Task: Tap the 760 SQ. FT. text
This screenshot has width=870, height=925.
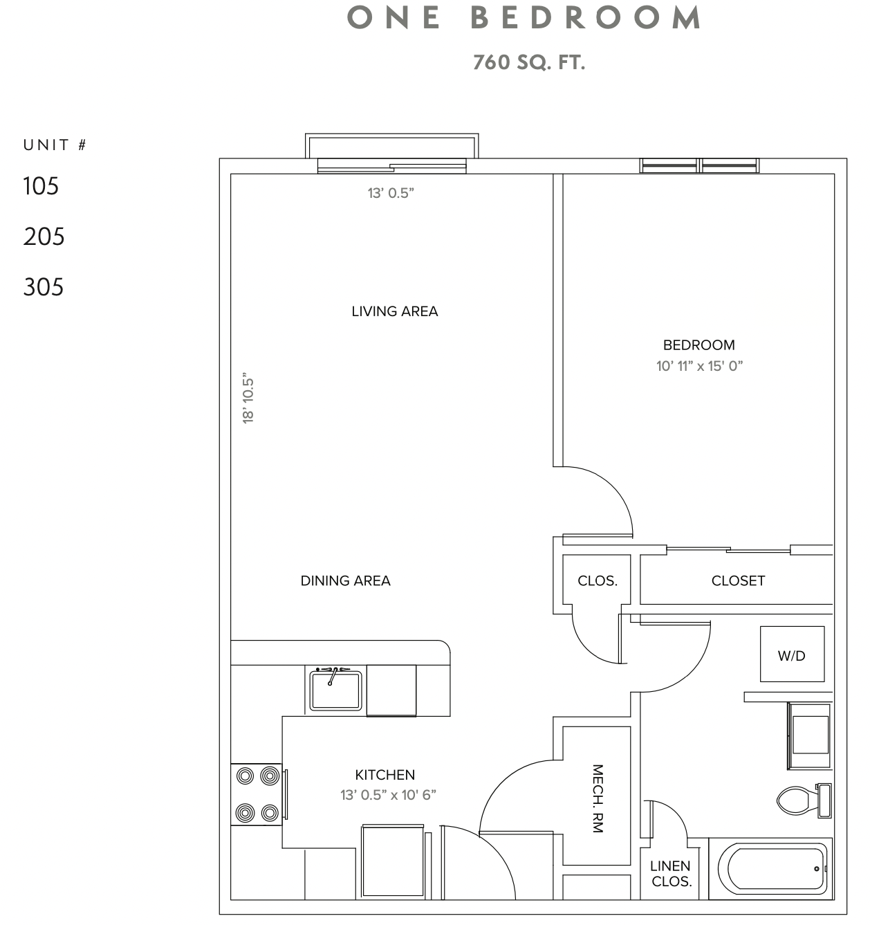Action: pos(529,63)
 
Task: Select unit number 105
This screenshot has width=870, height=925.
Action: pos(41,186)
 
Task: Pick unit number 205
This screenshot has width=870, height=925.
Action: pos(44,237)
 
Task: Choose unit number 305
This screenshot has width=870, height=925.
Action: pos(44,287)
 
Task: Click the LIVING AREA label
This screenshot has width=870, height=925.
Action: pos(394,311)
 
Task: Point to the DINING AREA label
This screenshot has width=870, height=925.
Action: pos(345,581)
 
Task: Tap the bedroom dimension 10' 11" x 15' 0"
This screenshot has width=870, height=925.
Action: pos(699,366)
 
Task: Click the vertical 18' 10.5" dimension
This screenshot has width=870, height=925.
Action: pos(249,399)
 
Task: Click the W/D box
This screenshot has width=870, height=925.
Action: pos(792,655)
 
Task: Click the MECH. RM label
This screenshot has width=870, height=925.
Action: pos(598,798)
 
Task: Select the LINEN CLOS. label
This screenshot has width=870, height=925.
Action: pos(671,874)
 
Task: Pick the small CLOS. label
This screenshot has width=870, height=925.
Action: pos(598,581)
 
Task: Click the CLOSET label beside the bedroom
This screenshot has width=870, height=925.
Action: pos(738,581)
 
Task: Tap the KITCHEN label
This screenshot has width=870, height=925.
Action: pos(385,775)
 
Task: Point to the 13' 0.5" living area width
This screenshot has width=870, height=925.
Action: pos(391,194)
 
